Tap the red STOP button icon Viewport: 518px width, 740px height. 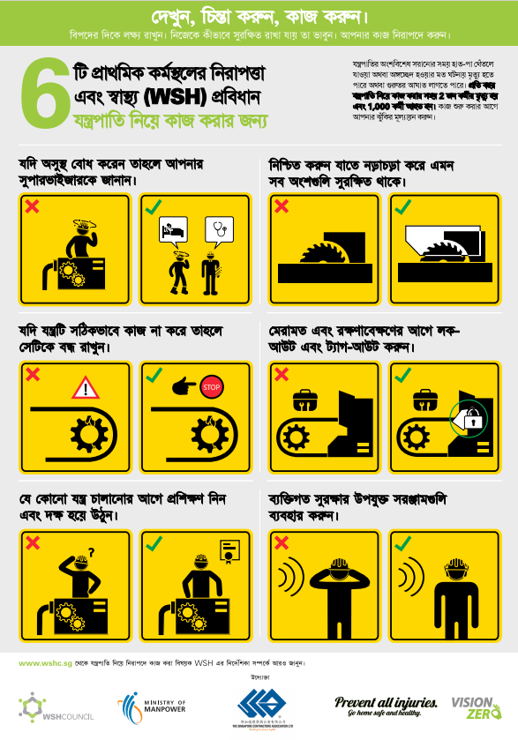210,387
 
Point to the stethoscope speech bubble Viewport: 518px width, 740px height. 217,230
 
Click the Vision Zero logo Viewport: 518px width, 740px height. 476,706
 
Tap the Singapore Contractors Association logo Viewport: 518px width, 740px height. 258,706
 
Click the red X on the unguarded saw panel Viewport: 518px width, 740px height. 282,206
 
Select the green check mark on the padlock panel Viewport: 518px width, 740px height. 402,375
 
